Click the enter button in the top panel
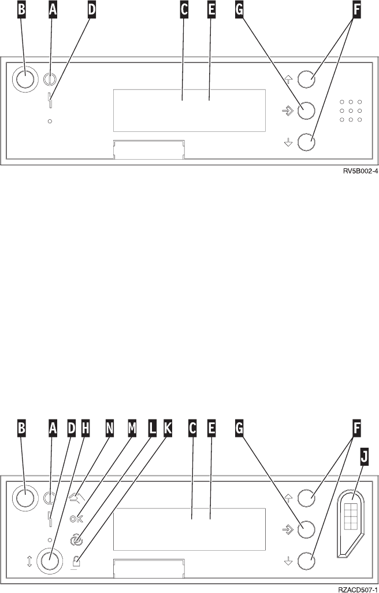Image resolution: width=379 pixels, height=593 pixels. click(x=306, y=109)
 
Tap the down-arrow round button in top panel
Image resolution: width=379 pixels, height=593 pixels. click(x=306, y=141)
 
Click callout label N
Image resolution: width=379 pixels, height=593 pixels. click(x=109, y=428)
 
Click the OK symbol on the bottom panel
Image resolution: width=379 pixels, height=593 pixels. click(x=76, y=518)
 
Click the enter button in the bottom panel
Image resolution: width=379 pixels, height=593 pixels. click(x=306, y=528)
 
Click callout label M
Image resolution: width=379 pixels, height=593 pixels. click(x=132, y=428)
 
